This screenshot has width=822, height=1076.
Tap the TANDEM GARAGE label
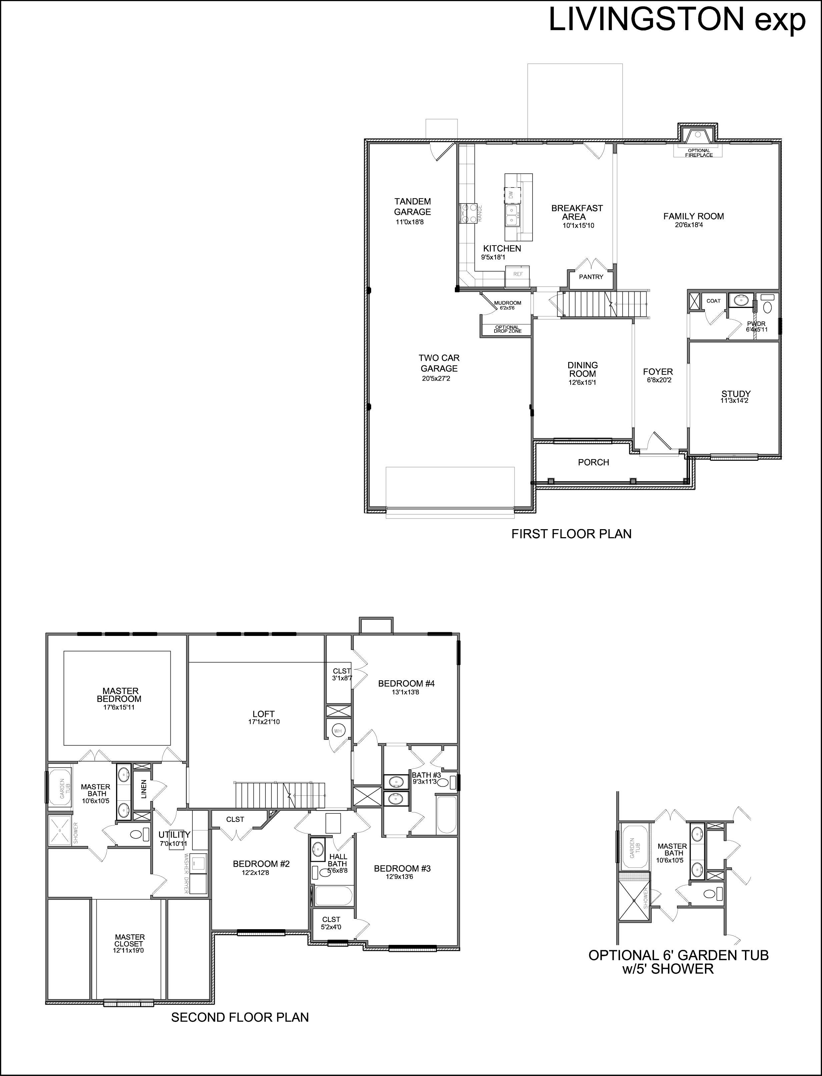(x=413, y=207)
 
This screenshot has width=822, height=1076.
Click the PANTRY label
(x=591, y=277)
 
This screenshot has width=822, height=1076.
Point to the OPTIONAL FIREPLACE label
(x=699, y=153)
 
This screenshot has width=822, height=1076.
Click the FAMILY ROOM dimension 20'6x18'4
(x=689, y=225)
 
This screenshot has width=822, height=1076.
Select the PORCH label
(x=594, y=462)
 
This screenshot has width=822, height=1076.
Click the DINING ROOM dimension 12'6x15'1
(x=582, y=382)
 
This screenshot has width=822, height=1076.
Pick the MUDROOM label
(x=508, y=303)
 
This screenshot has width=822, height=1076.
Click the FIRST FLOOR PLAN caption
(x=572, y=533)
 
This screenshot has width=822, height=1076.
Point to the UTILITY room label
(x=174, y=835)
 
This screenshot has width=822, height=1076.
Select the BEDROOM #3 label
(x=402, y=868)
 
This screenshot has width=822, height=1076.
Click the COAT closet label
(x=713, y=301)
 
